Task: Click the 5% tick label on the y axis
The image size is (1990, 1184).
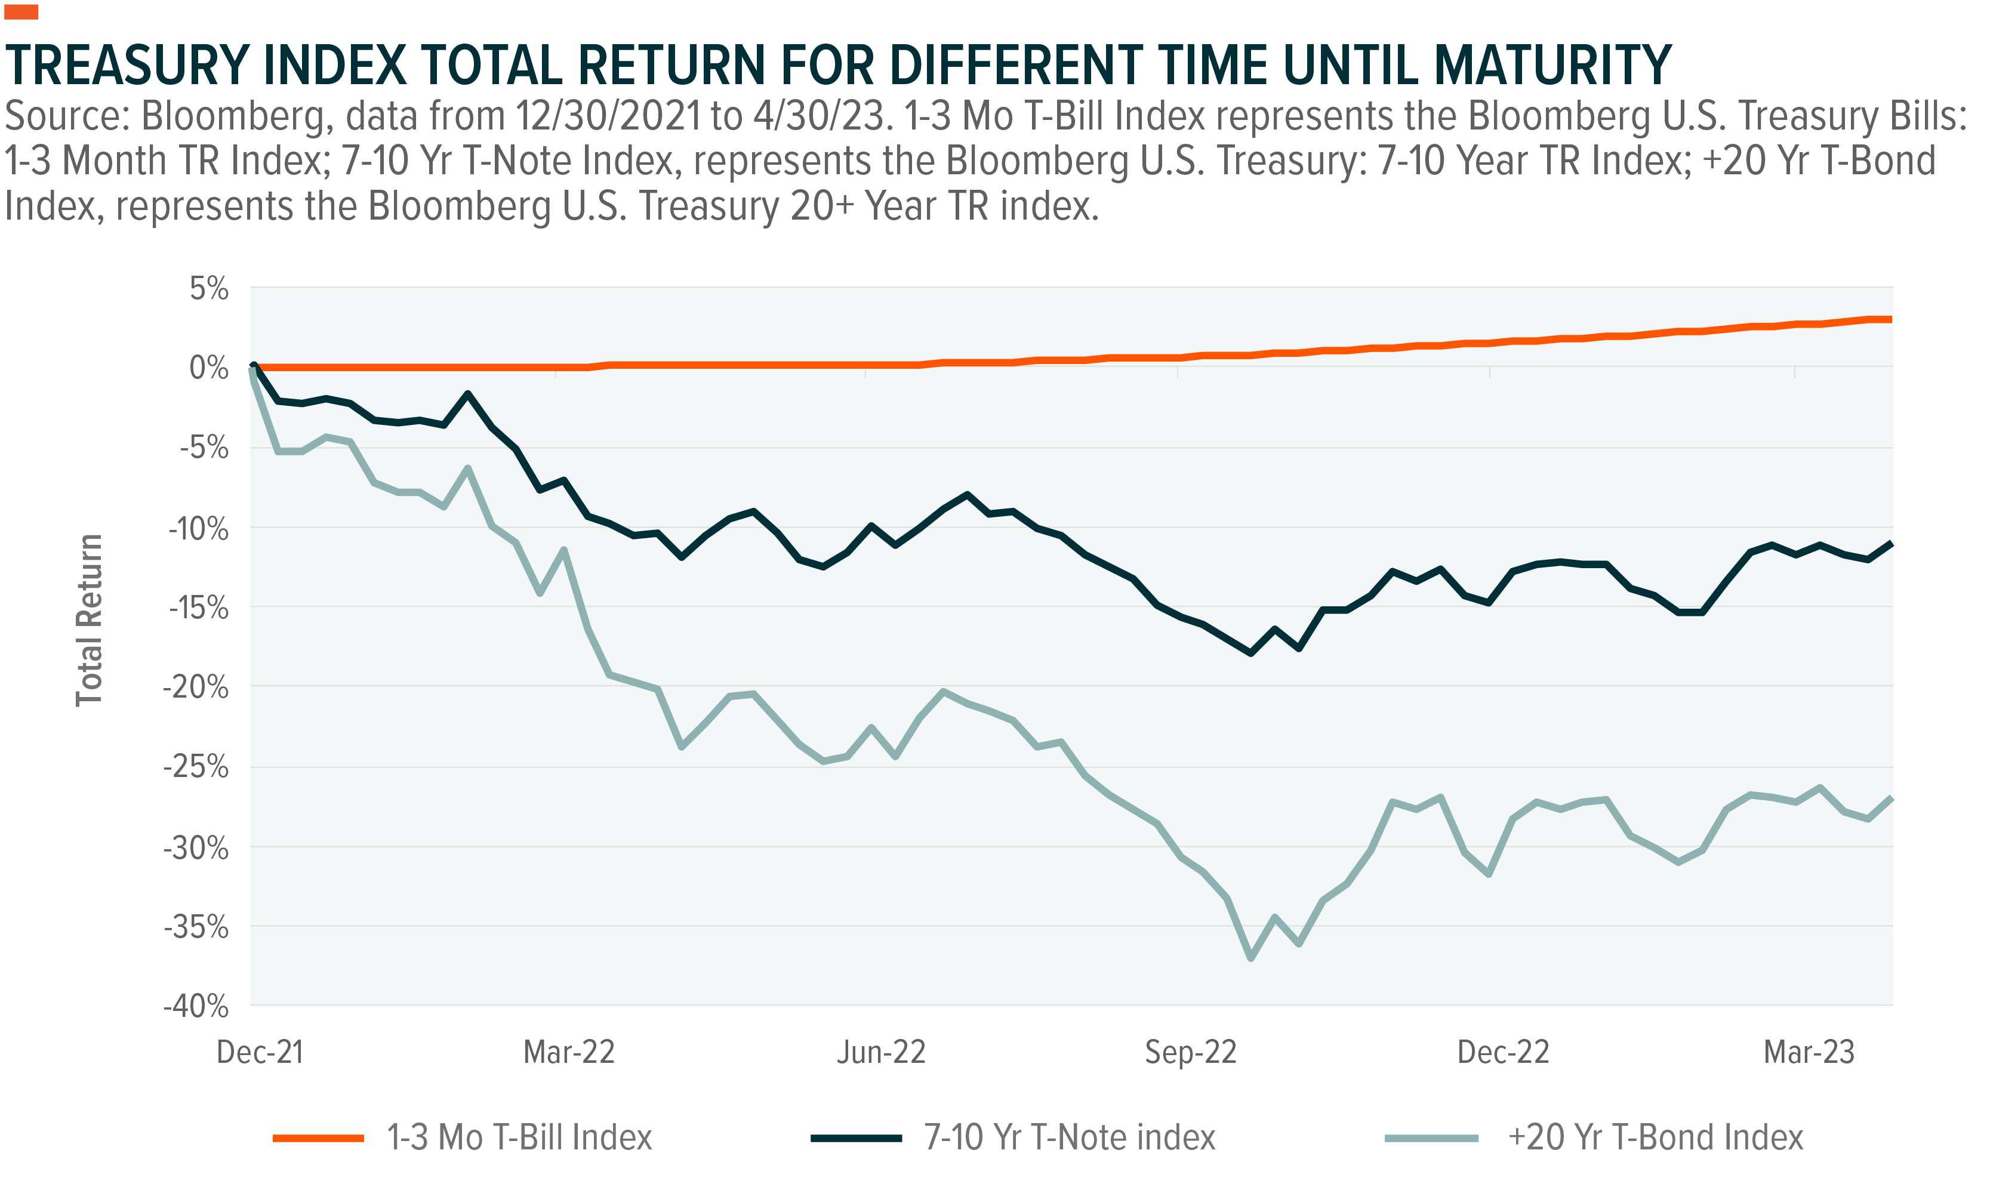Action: point(209,289)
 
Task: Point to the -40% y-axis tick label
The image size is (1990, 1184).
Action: point(196,1006)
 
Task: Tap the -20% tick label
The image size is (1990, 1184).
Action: point(196,687)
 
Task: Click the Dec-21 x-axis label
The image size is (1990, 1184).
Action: point(260,1052)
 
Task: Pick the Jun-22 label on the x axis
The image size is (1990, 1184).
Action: point(881,1052)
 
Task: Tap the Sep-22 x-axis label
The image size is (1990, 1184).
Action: point(1191,1052)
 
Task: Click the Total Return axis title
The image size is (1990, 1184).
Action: point(90,621)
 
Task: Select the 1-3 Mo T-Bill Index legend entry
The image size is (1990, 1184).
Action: point(519,1137)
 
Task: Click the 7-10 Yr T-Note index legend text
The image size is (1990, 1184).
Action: point(1069,1137)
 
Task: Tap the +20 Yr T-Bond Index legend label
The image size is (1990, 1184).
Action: point(1656,1137)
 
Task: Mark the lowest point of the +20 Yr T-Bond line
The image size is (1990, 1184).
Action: point(1250,958)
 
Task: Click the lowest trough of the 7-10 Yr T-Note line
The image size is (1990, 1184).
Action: point(1250,653)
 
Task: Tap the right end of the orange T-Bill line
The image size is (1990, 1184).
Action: point(1891,320)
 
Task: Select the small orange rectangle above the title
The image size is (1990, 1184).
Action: point(21,12)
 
